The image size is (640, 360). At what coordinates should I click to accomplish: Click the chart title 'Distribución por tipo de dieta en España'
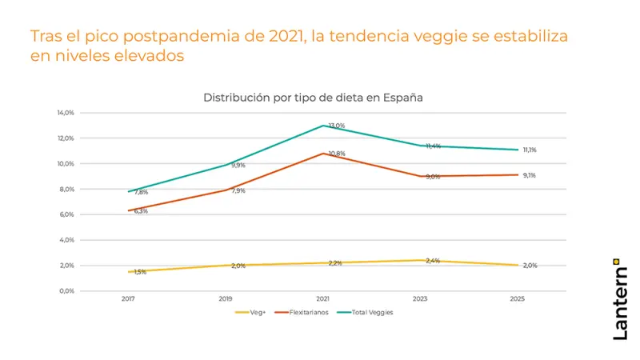(313, 98)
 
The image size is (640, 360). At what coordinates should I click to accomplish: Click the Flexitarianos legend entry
(303, 312)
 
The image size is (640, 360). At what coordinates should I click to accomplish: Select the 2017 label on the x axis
(128, 298)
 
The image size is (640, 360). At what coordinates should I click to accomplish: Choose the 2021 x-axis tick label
(323, 298)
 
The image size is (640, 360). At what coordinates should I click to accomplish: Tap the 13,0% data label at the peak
(337, 126)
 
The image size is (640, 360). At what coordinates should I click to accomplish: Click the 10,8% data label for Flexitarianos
(337, 154)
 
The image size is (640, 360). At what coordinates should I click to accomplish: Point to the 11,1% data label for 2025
(530, 150)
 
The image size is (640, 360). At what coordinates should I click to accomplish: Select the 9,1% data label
(530, 175)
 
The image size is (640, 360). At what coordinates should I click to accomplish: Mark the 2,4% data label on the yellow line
(432, 261)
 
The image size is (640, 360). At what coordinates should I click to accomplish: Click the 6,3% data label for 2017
(141, 211)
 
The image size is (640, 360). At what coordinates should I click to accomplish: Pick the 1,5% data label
(140, 272)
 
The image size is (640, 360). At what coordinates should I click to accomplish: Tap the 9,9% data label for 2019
(238, 165)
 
